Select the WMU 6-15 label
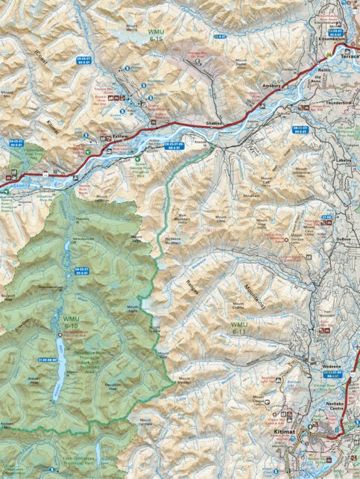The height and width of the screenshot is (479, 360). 158,34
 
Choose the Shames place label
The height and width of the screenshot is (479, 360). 215,122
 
